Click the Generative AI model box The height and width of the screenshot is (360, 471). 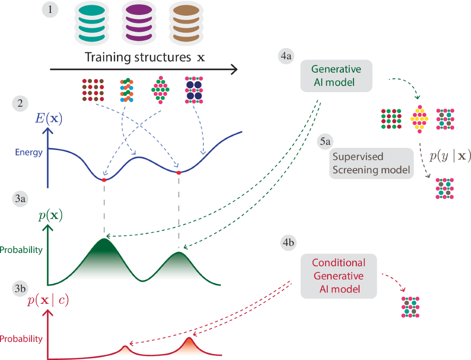(336, 76)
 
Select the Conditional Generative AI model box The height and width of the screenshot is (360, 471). (339, 276)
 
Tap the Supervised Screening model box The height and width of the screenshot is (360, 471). (371, 163)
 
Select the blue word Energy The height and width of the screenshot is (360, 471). (29, 153)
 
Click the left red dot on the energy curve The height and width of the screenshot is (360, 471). (104, 180)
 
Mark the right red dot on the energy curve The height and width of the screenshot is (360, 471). (179, 173)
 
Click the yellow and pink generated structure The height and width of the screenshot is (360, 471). (419, 118)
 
